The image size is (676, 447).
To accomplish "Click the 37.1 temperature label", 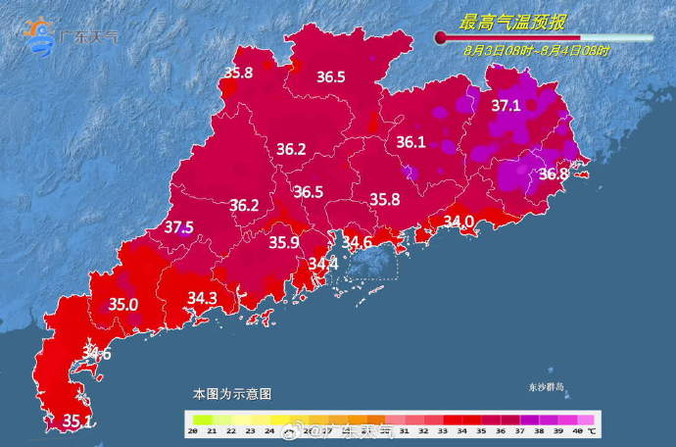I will coord(506,105).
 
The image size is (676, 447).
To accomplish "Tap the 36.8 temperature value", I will coord(554,174).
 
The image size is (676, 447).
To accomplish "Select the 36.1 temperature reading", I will coord(410,143).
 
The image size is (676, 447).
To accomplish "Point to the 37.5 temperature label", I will coord(178,227).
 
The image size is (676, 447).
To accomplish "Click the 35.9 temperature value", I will coord(284,243).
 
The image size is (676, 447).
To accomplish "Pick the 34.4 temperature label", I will coord(322,264).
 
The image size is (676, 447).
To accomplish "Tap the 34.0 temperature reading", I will coord(459,223).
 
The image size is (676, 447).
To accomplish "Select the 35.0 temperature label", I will coord(122,305).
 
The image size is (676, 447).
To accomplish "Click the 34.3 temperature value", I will coord(202,297).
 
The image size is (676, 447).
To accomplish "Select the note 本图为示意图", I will coord(231,393).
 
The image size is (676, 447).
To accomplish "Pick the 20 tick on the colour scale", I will coord(194,431).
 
